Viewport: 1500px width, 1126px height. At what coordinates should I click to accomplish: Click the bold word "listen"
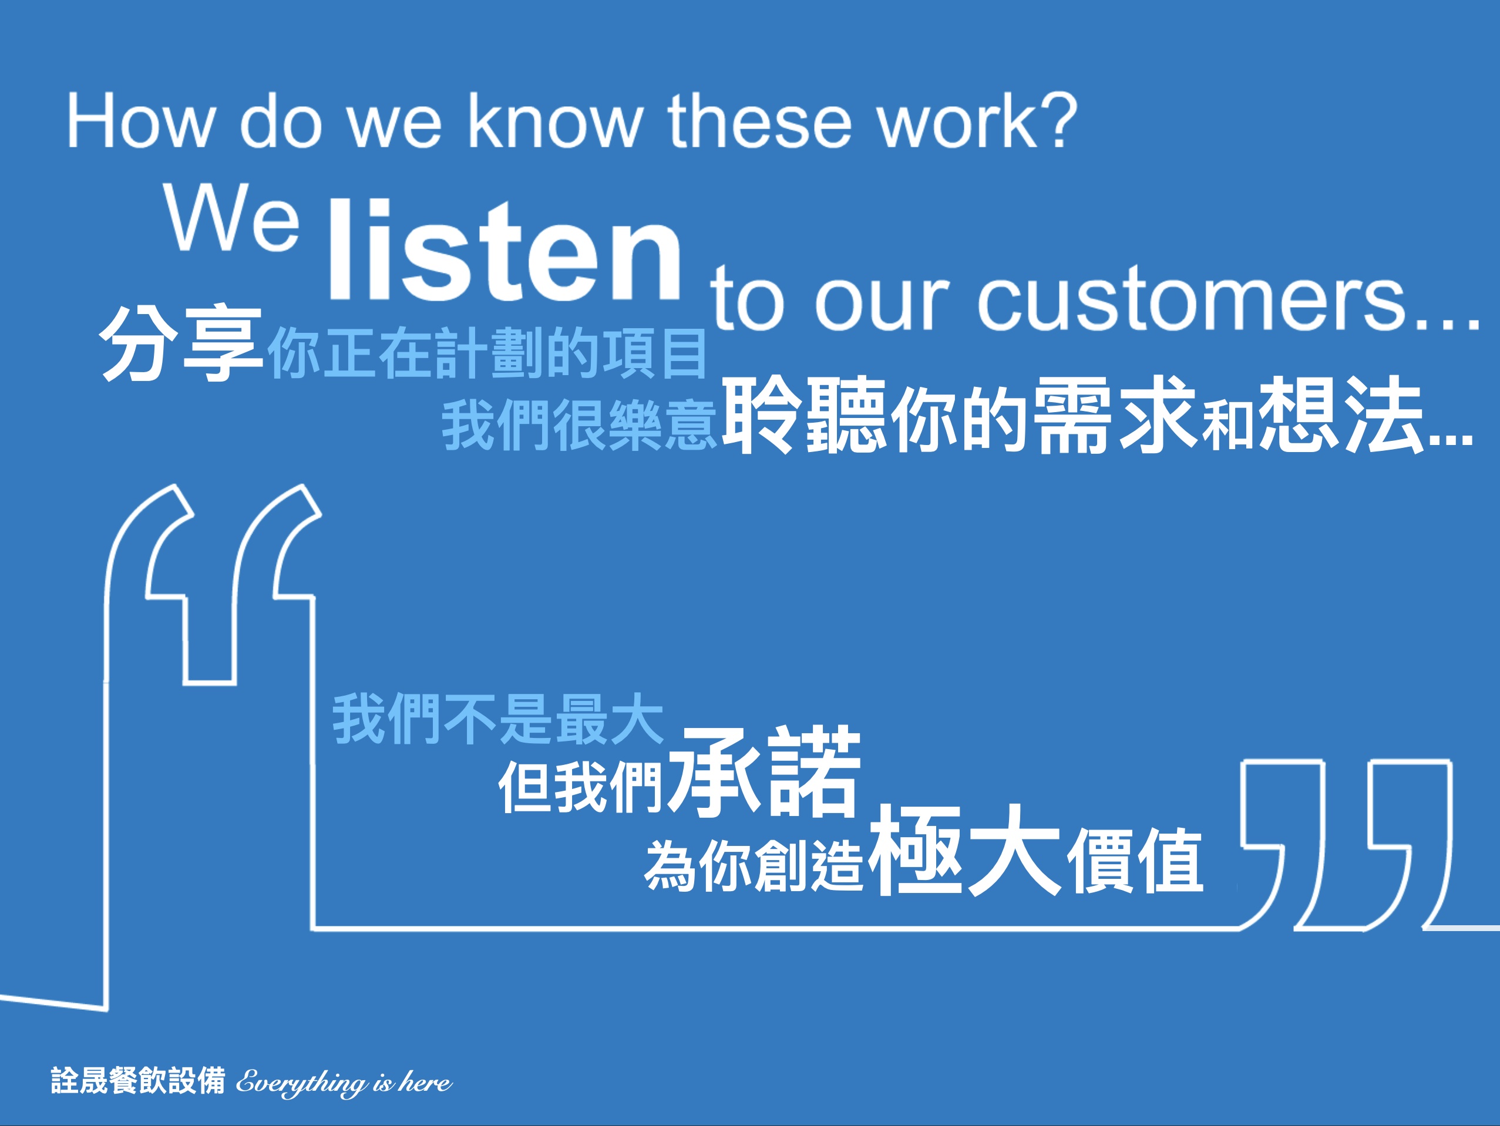tap(505, 249)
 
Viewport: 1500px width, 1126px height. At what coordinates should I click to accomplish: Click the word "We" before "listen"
tap(231, 218)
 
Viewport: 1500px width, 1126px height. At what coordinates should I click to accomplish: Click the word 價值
tap(1135, 862)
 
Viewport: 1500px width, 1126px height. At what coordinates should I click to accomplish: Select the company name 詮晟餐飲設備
tap(137, 1080)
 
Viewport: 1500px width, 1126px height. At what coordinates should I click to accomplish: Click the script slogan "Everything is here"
tap(344, 1082)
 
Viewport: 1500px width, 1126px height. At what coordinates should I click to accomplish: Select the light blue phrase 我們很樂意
tap(579, 425)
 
